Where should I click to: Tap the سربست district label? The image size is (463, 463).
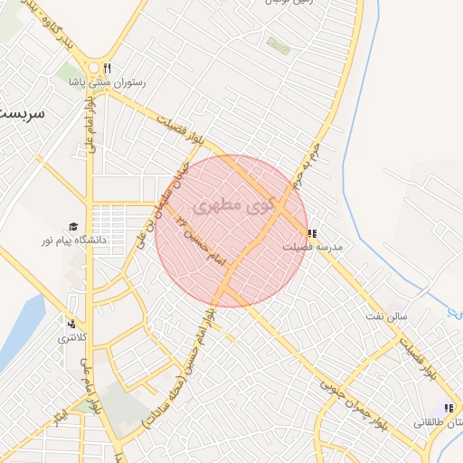pos(20,115)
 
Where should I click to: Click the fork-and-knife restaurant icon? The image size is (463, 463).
pos(107,68)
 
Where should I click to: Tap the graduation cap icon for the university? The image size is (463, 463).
pos(72,227)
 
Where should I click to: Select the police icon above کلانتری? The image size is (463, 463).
pos(71,323)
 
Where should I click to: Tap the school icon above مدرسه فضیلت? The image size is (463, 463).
pos(313,232)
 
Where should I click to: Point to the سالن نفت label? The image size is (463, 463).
pos(392,315)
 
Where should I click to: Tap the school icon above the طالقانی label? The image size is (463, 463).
pos(449,409)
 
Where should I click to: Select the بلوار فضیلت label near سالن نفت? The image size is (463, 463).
pos(421,355)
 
